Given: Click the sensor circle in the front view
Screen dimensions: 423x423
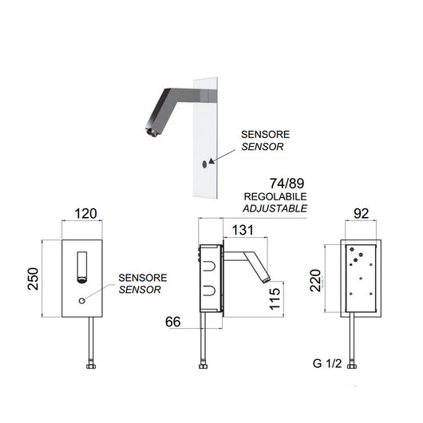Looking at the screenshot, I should pyautogui.click(x=81, y=302).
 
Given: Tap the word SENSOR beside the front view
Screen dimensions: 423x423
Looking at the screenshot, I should pyautogui.click(x=140, y=290).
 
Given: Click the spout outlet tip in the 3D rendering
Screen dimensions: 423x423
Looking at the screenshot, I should pyautogui.click(x=148, y=128).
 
